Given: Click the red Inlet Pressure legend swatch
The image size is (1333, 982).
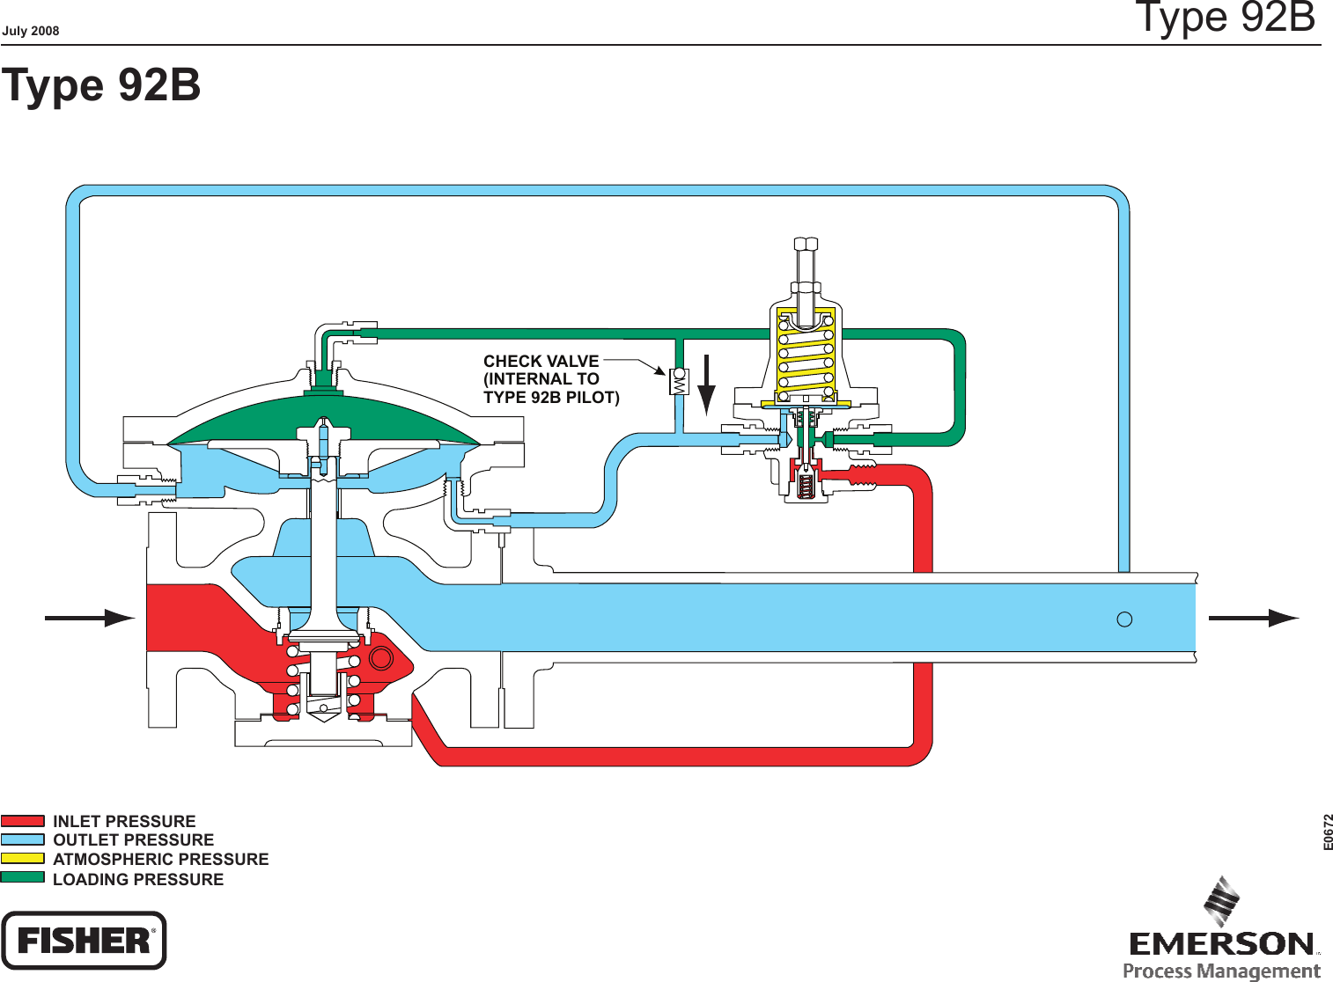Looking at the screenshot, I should tap(23, 821).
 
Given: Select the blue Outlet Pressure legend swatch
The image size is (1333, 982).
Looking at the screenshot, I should tap(23, 839).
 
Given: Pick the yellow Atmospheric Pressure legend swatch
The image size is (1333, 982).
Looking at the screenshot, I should tap(23, 858).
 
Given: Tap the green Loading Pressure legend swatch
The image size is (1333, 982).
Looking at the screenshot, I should tap(23, 877).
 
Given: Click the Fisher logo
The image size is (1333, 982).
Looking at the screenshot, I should tap(84, 941).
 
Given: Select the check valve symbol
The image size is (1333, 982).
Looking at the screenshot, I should tap(679, 381).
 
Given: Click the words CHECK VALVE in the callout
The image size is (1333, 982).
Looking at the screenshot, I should tap(541, 361).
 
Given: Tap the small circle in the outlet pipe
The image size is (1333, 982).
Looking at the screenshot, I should tap(1124, 619).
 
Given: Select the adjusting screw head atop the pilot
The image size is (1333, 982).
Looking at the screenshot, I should tap(806, 244).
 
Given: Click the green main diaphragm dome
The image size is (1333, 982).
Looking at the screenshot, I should tap(323, 417).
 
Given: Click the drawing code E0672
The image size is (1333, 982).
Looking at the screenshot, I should tap(1328, 832).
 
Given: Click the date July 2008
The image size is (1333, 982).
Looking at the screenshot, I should tap(31, 31).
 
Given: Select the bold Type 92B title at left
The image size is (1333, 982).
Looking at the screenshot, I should tap(101, 85).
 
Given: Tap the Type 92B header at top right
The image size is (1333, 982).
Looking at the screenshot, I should tap(1225, 18).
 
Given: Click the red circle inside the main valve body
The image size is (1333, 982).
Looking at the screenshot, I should tap(381, 657).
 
